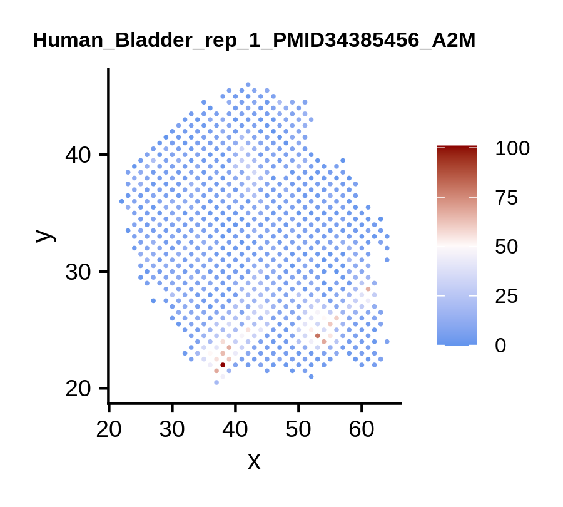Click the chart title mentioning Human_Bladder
pyautogui.click(x=254, y=40)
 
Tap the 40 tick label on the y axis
pyautogui.click(x=78, y=155)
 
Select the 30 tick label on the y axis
pyautogui.click(x=78, y=272)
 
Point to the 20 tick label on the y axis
pyautogui.click(x=78, y=389)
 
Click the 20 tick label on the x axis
pyautogui.click(x=109, y=429)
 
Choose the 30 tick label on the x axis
pyautogui.click(x=172, y=429)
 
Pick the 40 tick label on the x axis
pyautogui.click(x=235, y=429)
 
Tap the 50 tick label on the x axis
pyautogui.click(x=298, y=429)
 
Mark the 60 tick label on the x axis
pyautogui.click(x=362, y=429)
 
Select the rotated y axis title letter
pyautogui.click(x=46, y=236)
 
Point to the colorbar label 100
pyautogui.click(x=512, y=148)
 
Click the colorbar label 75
pyautogui.click(x=506, y=198)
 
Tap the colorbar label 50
pyautogui.click(x=506, y=247)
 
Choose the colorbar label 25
pyautogui.click(x=506, y=296)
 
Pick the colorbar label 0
pyautogui.click(x=500, y=346)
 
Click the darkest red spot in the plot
pyautogui.click(x=223, y=365)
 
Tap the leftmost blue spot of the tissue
pyautogui.click(x=122, y=202)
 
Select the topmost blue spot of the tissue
pyautogui.click(x=248, y=84)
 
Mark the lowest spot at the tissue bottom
pyautogui.click(x=216, y=382)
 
